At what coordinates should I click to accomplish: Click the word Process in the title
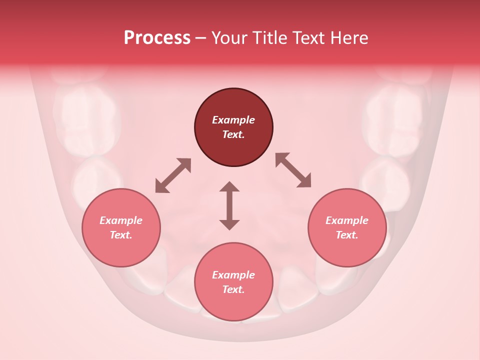tap(157, 38)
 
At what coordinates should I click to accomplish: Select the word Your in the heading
tap(229, 38)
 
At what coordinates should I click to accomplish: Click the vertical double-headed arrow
tap(229, 206)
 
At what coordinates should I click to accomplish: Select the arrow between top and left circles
tap(173, 175)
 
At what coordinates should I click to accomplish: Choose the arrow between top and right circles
tap(293, 170)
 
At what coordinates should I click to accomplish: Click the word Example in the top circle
tap(233, 120)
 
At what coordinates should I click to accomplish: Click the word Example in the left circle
tap(121, 220)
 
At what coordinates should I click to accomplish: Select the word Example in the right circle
tap(347, 220)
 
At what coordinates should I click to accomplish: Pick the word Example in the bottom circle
tap(233, 275)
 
